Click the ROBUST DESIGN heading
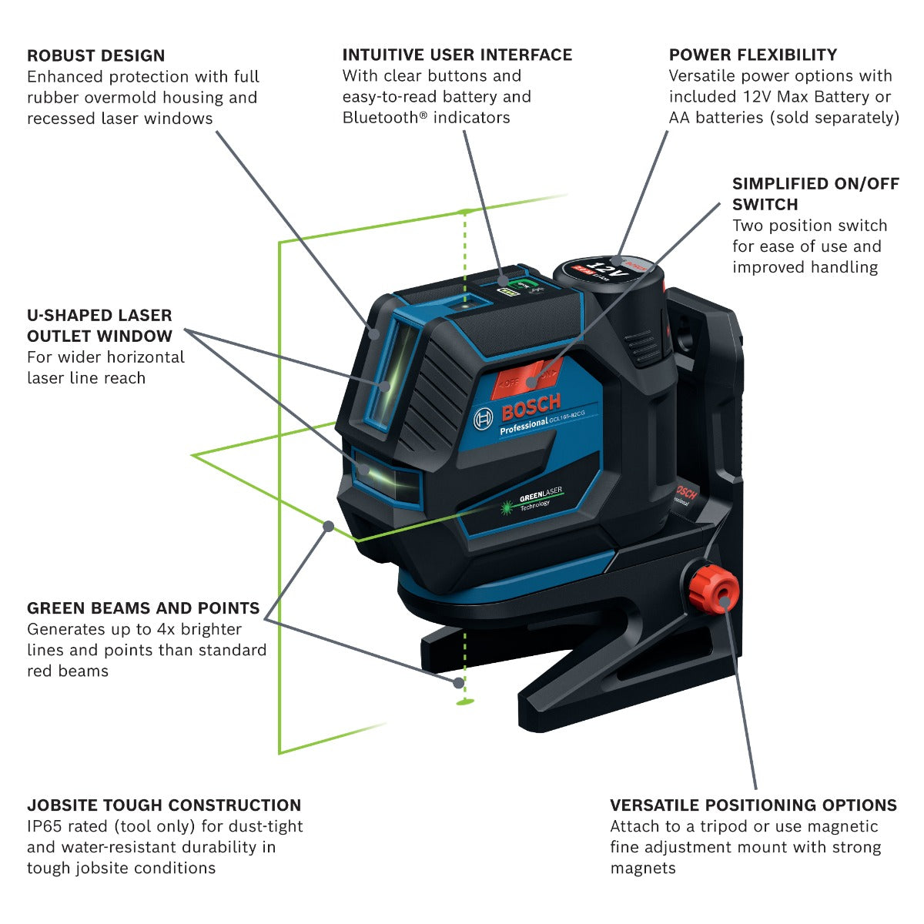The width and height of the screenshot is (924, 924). (95, 55)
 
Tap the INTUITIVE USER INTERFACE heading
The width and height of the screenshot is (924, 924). (457, 55)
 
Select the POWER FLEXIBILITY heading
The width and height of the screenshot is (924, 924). (752, 55)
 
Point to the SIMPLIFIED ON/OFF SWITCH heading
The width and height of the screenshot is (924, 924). (815, 194)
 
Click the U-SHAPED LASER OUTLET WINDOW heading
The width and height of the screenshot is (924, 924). (99, 326)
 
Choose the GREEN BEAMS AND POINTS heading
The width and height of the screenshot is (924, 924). (143, 608)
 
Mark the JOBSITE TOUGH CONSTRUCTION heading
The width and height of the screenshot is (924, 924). (164, 805)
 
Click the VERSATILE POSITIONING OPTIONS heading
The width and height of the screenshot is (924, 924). (753, 805)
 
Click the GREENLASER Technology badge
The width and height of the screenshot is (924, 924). (532, 500)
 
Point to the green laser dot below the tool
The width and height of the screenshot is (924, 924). (464, 701)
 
